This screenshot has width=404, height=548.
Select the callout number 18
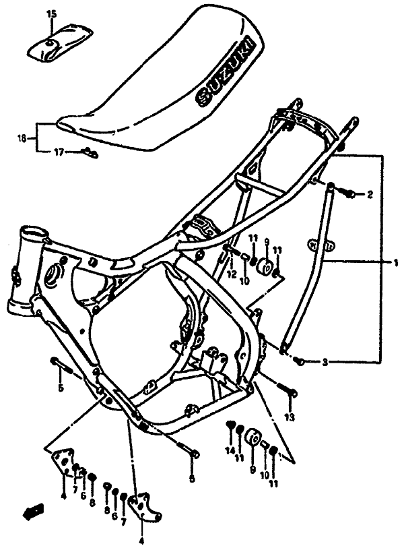click(x=22, y=139)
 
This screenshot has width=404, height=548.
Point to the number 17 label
click(x=59, y=153)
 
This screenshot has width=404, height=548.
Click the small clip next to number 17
click(x=88, y=153)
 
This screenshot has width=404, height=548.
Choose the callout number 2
click(x=370, y=195)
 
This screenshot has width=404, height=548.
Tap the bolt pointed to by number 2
click(x=349, y=194)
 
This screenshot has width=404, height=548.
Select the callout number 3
click(x=325, y=363)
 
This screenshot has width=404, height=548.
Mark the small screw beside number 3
click(x=302, y=361)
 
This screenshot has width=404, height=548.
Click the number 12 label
click(x=231, y=274)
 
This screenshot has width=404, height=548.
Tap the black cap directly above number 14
click(x=230, y=425)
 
